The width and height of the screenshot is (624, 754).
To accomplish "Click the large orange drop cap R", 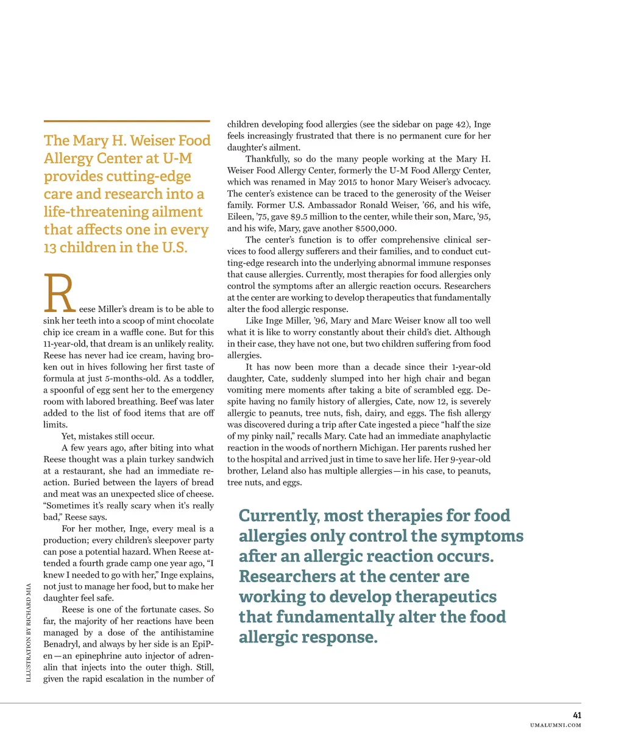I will [59, 294].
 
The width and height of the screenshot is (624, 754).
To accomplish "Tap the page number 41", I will [576, 715].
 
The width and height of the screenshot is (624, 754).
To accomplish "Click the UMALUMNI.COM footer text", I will [555, 725].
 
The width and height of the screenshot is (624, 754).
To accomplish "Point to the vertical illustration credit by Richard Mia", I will [29, 633].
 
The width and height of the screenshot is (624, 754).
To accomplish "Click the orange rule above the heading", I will [127, 121].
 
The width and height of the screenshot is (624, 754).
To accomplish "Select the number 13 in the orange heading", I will [50, 248].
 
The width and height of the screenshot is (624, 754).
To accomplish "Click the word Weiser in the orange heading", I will [152, 141].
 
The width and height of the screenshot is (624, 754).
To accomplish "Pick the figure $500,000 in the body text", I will [376, 229].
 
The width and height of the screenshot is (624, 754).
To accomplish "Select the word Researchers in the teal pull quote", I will [289, 577].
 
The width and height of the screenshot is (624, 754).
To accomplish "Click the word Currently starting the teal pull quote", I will [278, 516].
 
